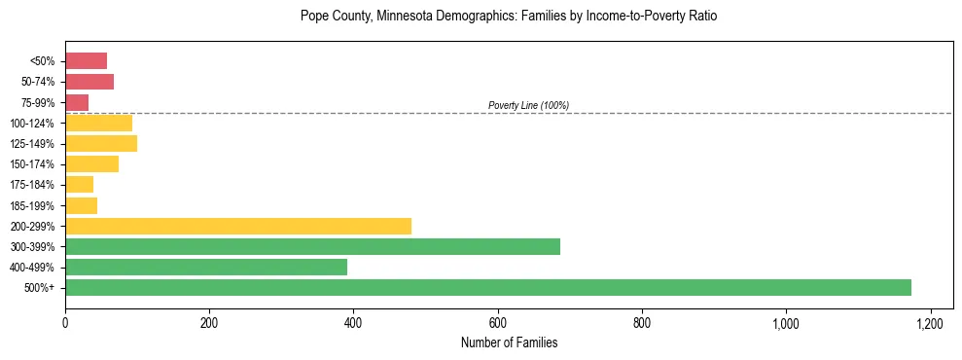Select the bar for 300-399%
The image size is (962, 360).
coord(312,246)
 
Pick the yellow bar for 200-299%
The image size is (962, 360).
coord(238,226)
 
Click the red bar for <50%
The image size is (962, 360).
coord(86,61)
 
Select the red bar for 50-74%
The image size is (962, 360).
coord(89,82)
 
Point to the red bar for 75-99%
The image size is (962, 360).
coord(77,102)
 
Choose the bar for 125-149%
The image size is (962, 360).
coord(101,144)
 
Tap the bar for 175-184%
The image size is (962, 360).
coord(79,185)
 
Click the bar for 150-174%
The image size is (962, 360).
coord(91,164)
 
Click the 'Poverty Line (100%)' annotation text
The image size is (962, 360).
coord(528,105)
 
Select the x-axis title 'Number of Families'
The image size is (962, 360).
coord(509,342)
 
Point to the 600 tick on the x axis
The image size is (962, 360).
coord(497,322)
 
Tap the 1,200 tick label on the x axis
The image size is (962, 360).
coord(930,322)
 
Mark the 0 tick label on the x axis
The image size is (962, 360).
coord(65,322)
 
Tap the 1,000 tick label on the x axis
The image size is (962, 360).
coord(786,322)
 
